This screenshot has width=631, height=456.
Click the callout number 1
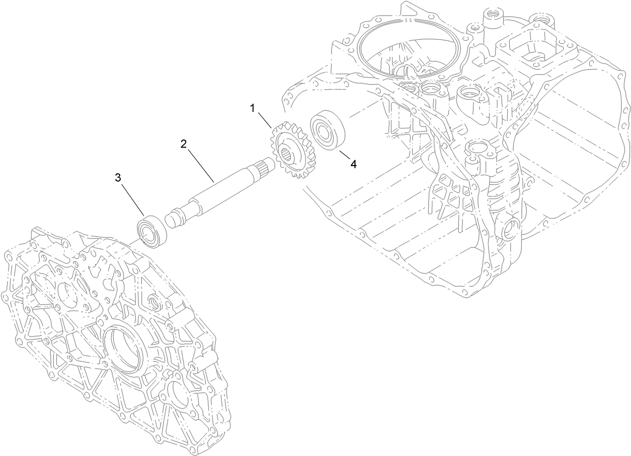253,108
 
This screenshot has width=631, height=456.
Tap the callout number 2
183,144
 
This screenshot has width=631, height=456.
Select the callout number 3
118,178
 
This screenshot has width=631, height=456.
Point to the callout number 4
353,164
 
